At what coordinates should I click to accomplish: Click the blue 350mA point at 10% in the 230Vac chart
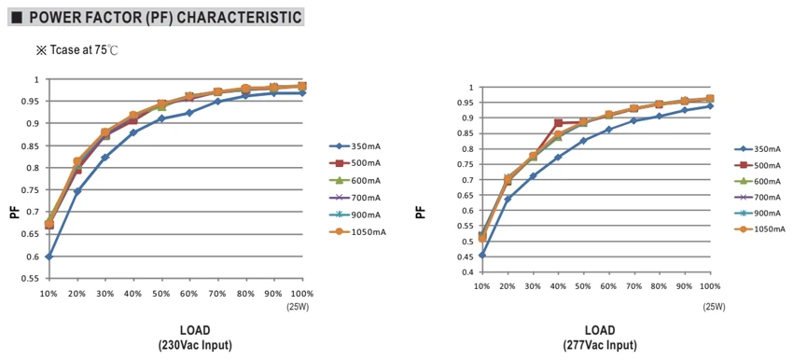[x=49, y=256]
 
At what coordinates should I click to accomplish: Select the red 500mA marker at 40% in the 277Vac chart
[x=558, y=123]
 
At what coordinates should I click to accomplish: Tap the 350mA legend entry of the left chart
[x=355, y=146]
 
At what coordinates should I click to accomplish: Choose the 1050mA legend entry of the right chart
[x=758, y=229]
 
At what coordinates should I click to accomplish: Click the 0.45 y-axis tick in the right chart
[x=467, y=256]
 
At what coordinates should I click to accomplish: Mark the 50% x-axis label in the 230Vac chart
[x=161, y=294]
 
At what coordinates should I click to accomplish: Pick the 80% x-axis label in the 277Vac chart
[x=659, y=286]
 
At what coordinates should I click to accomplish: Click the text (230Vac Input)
[x=195, y=346]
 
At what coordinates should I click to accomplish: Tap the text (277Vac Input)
[x=600, y=346]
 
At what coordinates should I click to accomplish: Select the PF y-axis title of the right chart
[x=421, y=212]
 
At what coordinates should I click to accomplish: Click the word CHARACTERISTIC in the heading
[x=240, y=18]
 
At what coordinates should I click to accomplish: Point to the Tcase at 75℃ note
[x=77, y=50]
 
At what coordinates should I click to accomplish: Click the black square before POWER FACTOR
[x=17, y=19]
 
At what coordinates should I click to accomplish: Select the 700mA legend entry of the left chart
[x=355, y=198]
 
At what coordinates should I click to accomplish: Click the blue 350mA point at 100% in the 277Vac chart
[x=710, y=105]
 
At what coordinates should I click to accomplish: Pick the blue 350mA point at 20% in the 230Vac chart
[x=77, y=191]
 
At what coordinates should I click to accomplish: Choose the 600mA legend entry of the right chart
[x=758, y=181]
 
